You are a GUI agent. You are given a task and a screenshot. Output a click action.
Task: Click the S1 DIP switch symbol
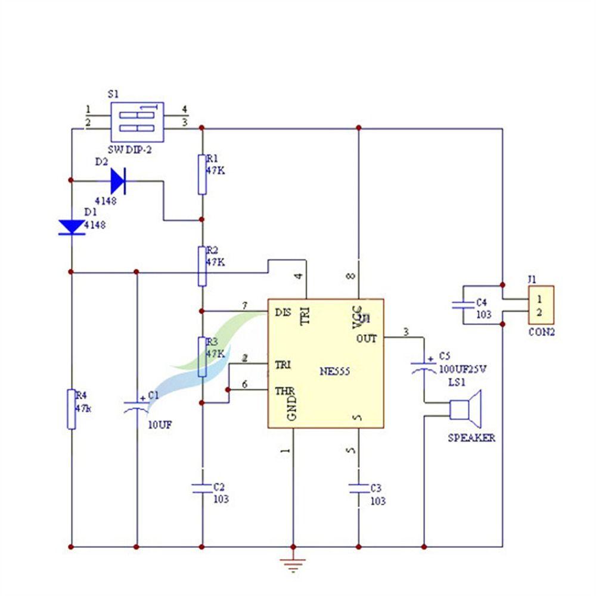(x=137, y=119)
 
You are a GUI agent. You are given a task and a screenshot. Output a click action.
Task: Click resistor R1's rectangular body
(x=203, y=173)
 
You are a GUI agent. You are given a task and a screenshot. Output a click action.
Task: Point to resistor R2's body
(x=203, y=266)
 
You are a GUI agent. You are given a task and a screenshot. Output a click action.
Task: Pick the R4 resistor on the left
(x=72, y=409)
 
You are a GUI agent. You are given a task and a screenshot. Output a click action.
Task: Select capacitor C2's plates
(x=203, y=488)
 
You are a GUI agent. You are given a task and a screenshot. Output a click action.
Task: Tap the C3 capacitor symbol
(x=359, y=489)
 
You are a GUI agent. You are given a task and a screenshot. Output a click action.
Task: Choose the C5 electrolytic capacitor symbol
(x=424, y=366)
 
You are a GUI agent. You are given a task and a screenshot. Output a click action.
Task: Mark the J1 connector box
(x=541, y=305)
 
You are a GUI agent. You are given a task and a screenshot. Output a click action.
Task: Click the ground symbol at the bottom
(x=293, y=563)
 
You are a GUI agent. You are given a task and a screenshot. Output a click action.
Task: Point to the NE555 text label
(x=334, y=371)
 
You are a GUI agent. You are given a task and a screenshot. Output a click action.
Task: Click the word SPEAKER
(x=471, y=438)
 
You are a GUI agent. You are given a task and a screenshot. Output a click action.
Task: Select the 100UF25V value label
(x=462, y=369)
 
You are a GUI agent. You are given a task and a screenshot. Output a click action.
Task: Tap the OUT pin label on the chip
(x=367, y=338)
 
